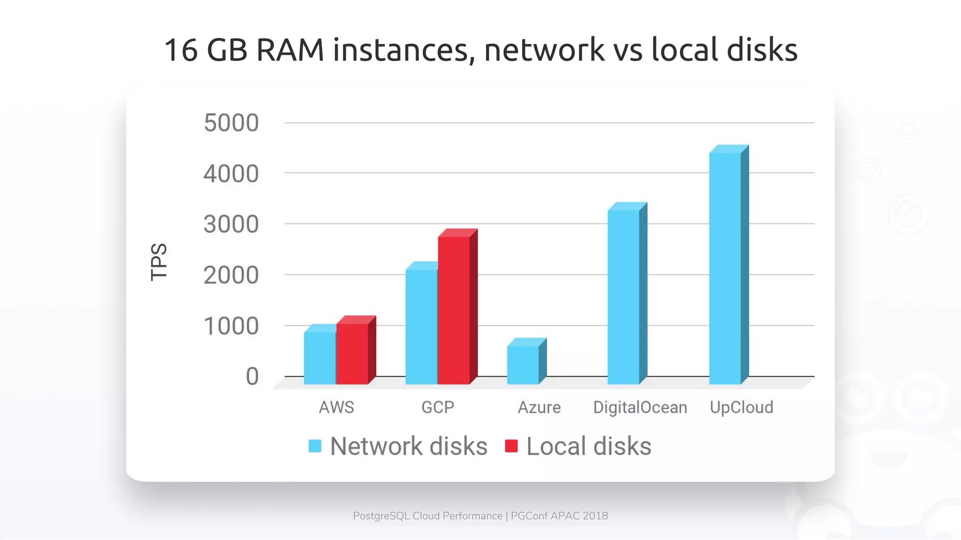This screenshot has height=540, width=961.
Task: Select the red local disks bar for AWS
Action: tap(352, 353)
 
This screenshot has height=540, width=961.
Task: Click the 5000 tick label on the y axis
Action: tap(231, 123)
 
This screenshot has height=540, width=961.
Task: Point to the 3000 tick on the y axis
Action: tap(231, 225)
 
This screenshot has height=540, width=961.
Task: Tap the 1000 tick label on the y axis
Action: tap(231, 326)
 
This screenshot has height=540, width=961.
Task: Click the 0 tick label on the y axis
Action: tap(252, 377)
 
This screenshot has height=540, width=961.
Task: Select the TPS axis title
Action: tap(159, 262)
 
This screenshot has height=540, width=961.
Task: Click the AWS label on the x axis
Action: tap(336, 407)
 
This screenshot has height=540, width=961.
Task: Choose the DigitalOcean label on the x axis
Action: tap(640, 407)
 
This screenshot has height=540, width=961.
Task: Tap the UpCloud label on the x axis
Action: tap(741, 407)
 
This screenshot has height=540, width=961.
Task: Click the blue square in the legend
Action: tap(315, 446)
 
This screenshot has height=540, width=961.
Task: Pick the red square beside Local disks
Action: tap(511, 446)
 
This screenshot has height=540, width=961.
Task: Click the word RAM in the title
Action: tap(290, 50)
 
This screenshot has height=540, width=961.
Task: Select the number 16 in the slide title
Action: tap(181, 50)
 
